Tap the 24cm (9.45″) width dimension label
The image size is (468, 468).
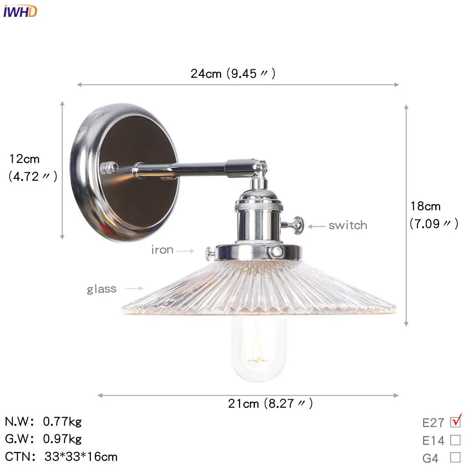(x=233, y=73)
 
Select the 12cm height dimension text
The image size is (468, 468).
(x=25, y=159)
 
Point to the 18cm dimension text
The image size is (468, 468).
(x=425, y=206)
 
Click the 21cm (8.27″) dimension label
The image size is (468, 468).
(x=271, y=403)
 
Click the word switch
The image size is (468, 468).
(x=348, y=225)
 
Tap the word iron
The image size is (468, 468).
(x=162, y=250)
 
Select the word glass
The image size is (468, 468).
(x=102, y=289)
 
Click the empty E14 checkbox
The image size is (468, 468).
(x=455, y=440)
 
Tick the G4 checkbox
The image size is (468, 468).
(x=455, y=457)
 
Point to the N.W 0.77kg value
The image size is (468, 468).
(x=62, y=422)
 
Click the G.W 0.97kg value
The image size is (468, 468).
(x=62, y=439)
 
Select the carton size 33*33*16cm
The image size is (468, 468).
(x=81, y=456)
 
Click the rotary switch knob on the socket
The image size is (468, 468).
(x=296, y=225)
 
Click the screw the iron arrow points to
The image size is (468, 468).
(x=210, y=253)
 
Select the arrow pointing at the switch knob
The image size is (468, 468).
(x=316, y=226)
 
